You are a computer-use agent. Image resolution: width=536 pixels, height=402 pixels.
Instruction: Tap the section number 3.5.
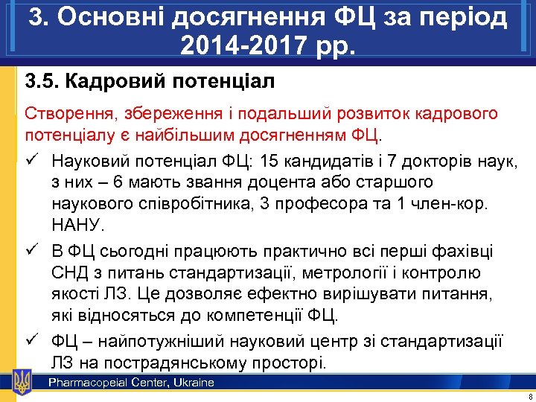[x=42, y=80]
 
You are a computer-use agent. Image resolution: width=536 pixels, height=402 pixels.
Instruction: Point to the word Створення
[x=66, y=115]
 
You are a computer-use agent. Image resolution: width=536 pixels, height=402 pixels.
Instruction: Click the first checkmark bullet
[x=32, y=159]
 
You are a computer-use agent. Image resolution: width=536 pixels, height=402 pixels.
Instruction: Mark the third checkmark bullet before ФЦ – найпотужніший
[x=32, y=342]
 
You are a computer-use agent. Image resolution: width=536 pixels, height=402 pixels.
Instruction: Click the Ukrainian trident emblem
[x=22, y=383]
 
